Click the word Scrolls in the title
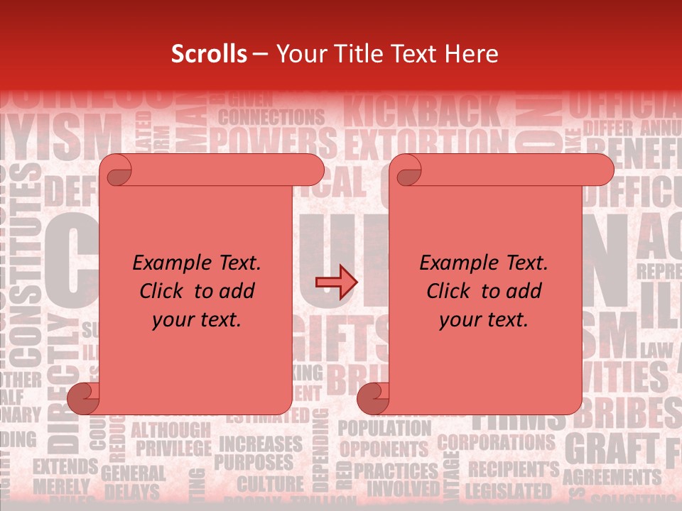(x=209, y=54)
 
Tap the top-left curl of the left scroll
(x=117, y=170)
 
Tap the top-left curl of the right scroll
(x=407, y=170)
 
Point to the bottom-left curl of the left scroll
(x=84, y=397)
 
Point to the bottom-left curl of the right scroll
(x=372, y=397)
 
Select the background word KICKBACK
(x=422, y=112)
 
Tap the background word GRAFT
(x=611, y=448)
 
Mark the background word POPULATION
(x=384, y=428)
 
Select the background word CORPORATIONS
(x=496, y=442)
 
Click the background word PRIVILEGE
(x=173, y=448)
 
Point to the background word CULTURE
(x=270, y=485)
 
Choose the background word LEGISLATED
(x=508, y=490)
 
